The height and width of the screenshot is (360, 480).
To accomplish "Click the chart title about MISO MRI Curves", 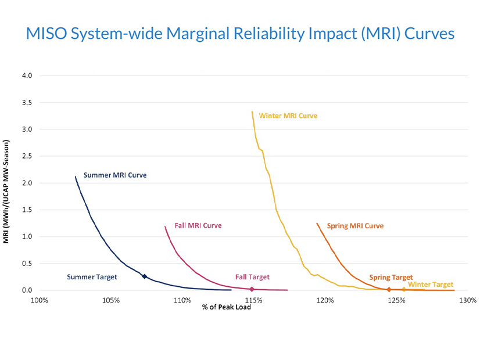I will [240, 34].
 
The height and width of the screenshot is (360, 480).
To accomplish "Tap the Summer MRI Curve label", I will [115, 175].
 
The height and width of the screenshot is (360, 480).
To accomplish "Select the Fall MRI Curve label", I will [198, 225].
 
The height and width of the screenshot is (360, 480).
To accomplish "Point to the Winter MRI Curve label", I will [288, 116].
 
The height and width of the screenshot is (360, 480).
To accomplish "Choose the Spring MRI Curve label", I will [355, 226].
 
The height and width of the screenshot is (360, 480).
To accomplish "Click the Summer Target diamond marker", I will [145, 276].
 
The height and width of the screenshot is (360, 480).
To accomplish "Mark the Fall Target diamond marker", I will [252, 289].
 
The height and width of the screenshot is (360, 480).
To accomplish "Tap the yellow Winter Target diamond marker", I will [404, 289].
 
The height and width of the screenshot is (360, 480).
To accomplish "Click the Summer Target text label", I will [92, 277].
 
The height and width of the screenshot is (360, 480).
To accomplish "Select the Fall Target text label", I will [252, 277].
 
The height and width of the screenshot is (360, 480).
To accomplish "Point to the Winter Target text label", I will [431, 285].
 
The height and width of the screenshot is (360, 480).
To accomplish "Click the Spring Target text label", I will [391, 278].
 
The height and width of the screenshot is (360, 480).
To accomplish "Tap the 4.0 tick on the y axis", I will [27, 75].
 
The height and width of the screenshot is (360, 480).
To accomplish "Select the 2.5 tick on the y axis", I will [27, 156].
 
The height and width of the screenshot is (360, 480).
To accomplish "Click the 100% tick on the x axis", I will [39, 301].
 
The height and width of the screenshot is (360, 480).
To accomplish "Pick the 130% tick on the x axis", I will [468, 301].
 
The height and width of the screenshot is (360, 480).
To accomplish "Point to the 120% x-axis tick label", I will [325, 301].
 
